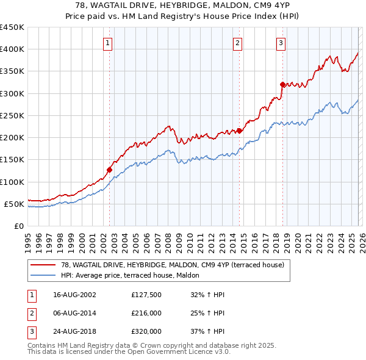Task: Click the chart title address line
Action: click(183, 5)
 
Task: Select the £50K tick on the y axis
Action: click(14, 204)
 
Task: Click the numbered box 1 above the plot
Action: click(107, 43)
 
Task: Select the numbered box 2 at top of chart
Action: click(237, 43)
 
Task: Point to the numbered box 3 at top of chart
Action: click(281, 43)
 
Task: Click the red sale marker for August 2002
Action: click(110, 170)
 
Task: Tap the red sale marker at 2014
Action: click(239, 131)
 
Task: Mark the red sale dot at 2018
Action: click(282, 84)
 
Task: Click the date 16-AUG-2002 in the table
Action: click(74, 295)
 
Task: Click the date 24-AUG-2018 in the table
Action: click(74, 331)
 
